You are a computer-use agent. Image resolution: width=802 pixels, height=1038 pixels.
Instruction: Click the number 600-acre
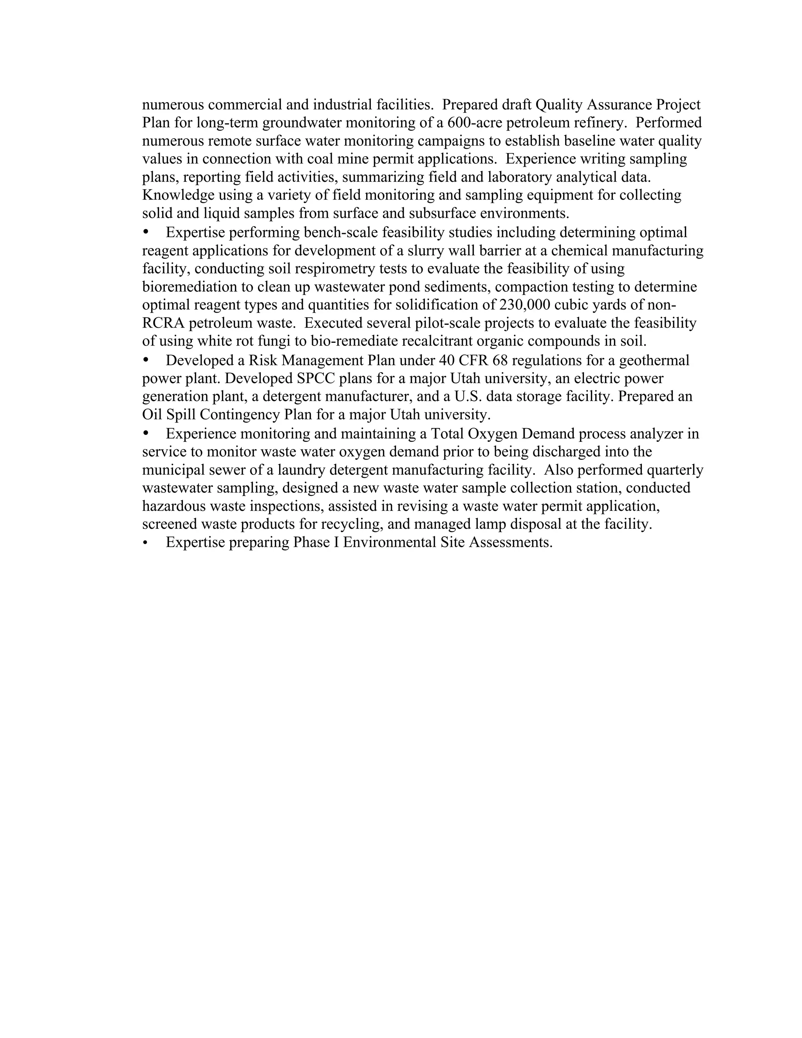(x=475, y=123)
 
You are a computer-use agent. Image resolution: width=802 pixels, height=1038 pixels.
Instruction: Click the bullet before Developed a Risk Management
(x=146, y=360)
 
